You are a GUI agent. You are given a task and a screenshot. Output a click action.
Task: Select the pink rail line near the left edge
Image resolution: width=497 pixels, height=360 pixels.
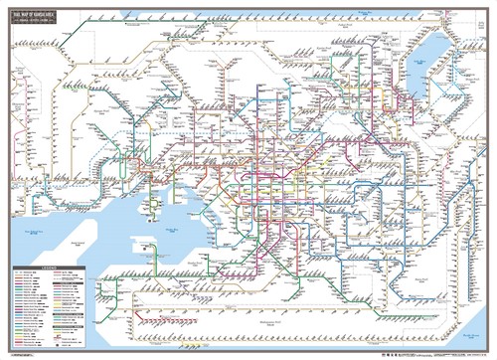pos(12,119)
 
